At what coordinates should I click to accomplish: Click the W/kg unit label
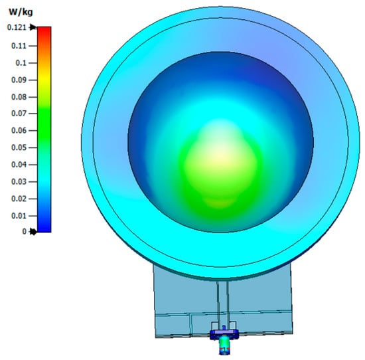click(21, 12)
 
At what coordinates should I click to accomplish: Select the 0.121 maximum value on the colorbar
click(17, 27)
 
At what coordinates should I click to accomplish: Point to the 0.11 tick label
click(19, 46)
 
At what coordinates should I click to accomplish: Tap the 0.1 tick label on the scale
click(21, 63)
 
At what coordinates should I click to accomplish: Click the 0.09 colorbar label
click(19, 80)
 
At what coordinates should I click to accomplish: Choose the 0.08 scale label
click(19, 97)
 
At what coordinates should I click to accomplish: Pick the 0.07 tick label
click(19, 114)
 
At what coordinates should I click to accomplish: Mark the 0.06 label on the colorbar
click(19, 130)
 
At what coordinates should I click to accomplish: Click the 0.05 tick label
click(19, 147)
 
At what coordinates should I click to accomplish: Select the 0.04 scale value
click(19, 165)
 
